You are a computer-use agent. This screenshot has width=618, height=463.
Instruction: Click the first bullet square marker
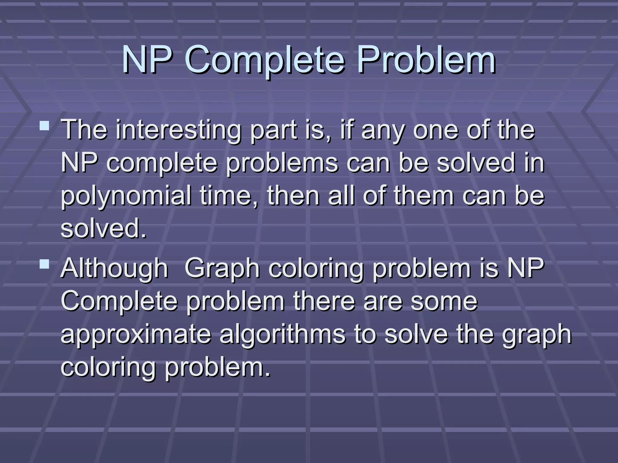click(x=44, y=125)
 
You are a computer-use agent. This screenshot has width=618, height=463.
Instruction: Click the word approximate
click(x=136, y=335)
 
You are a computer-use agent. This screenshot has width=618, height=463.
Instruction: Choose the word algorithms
click(x=282, y=335)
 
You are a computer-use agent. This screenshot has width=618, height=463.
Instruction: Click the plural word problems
click(x=282, y=163)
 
